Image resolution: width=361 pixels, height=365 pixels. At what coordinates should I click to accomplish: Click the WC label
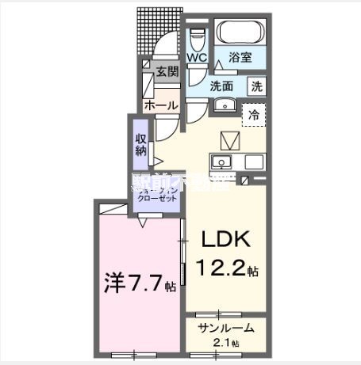coord(197,59)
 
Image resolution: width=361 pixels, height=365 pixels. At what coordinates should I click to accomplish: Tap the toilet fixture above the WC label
coord(197,37)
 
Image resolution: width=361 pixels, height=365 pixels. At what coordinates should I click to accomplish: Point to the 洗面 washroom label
coord(221,86)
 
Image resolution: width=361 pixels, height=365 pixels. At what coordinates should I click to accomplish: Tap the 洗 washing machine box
coord(257,86)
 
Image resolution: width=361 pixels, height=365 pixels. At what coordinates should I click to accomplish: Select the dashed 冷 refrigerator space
coord(254,115)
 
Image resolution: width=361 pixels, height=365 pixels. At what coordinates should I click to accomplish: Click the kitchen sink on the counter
coord(220,162)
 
